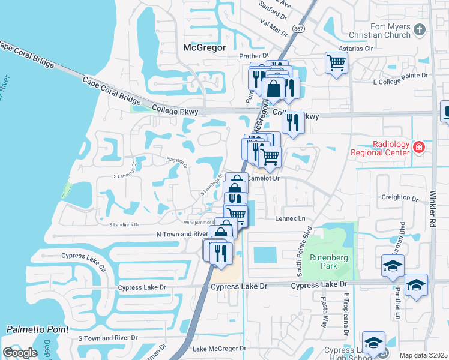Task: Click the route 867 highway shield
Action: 298,29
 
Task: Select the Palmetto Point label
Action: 37,329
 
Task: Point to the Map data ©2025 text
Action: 423,355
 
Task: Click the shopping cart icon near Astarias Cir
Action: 336,62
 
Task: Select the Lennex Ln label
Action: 291,219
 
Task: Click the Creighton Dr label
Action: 399,197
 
